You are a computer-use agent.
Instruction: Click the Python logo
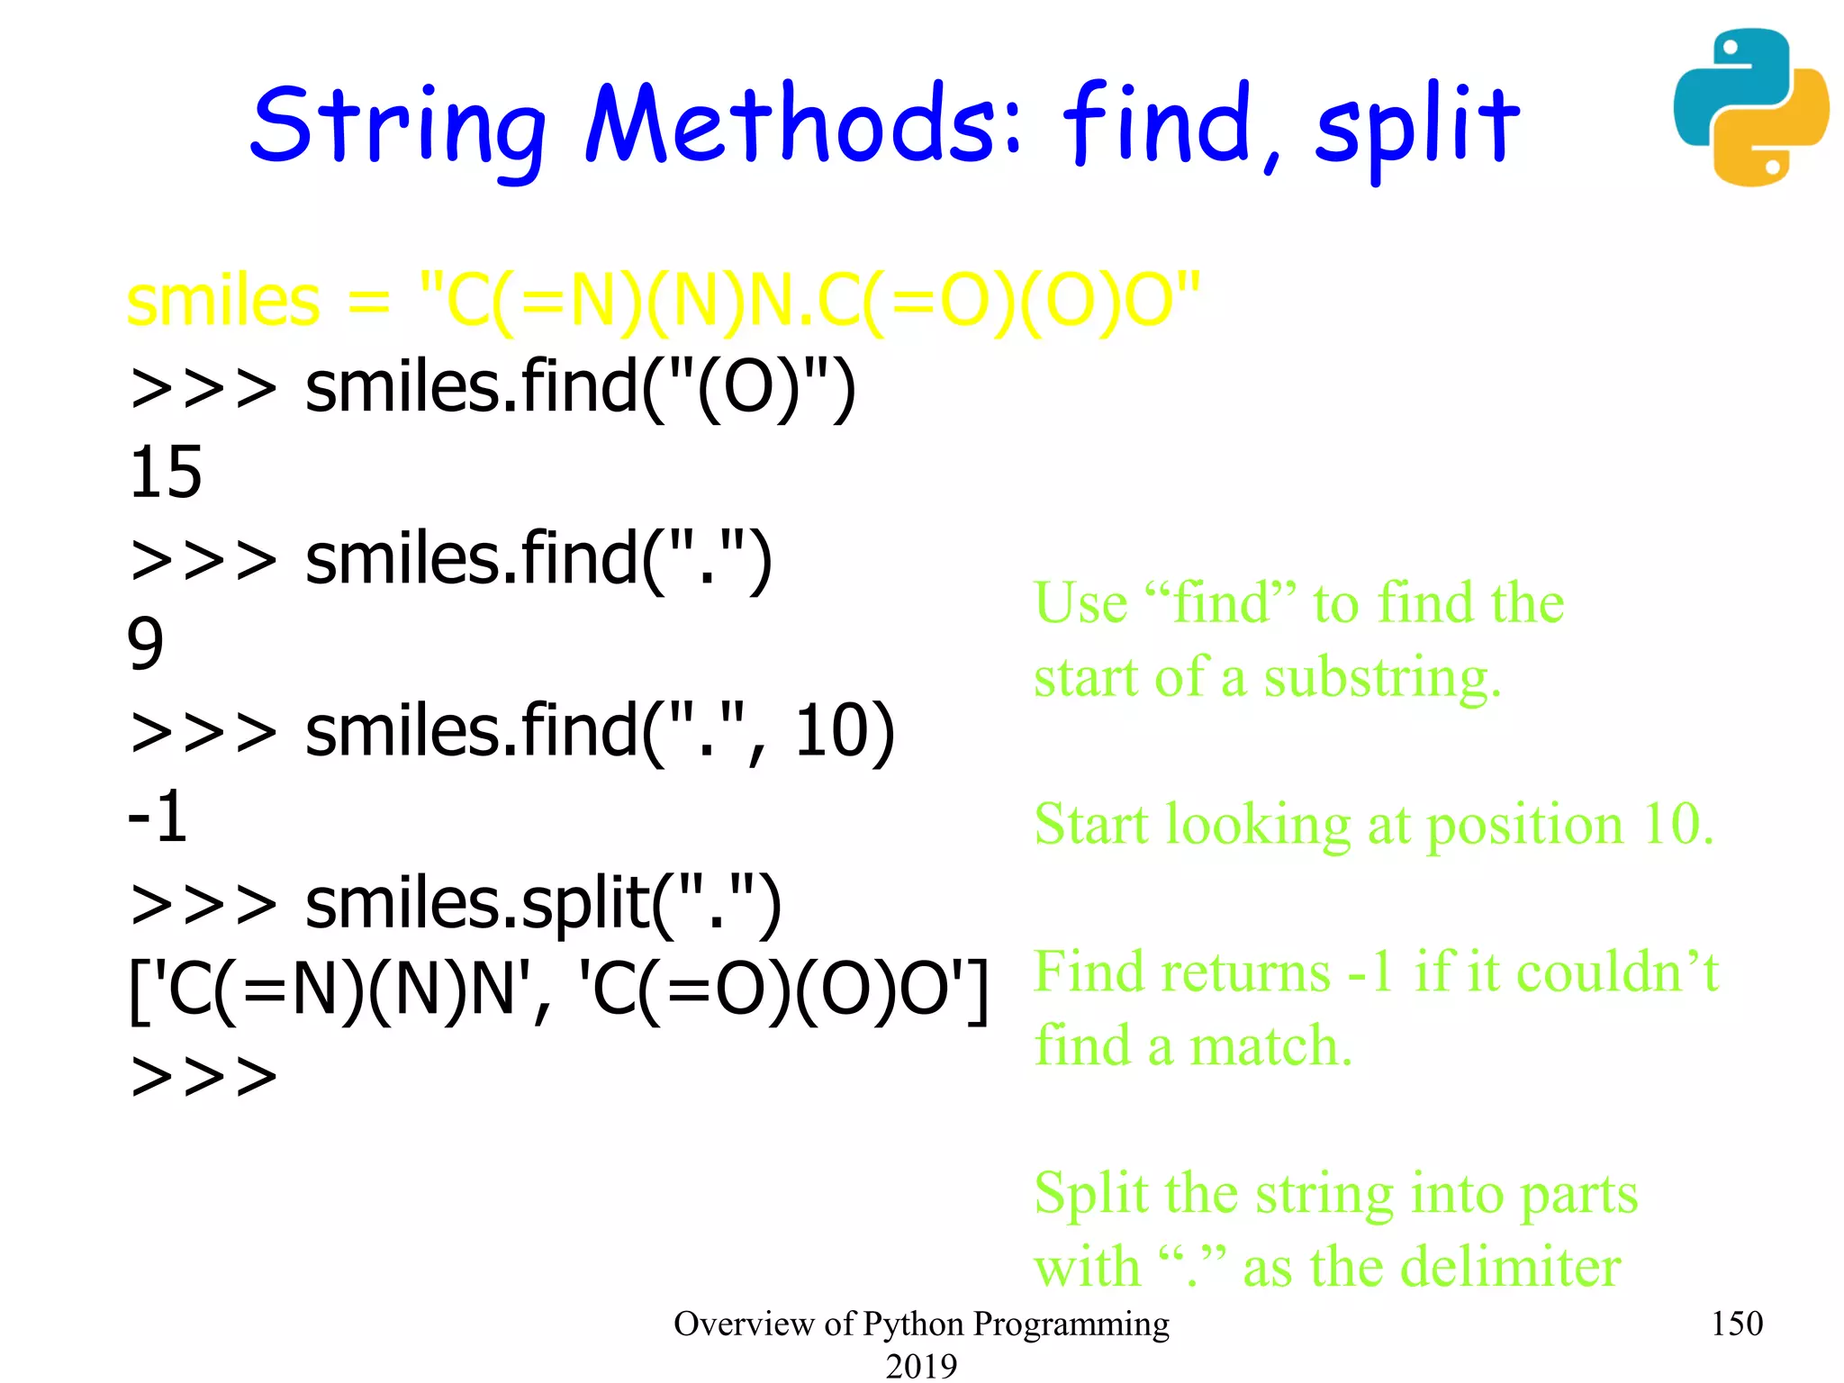(x=1750, y=107)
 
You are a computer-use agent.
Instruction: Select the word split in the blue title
(x=1416, y=126)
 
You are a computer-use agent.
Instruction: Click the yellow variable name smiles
(x=223, y=301)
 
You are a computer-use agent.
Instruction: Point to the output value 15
(x=166, y=473)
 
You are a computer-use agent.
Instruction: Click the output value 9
(x=146, y=644)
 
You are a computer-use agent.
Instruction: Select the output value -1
(x=158, y=817)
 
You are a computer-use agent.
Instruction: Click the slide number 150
(x=1736, y=1324)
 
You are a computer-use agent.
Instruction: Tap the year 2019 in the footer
(x=921, y=1365)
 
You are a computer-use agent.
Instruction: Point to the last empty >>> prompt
(x=204, y=1076)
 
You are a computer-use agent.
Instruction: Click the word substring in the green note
(x=1382, y=678)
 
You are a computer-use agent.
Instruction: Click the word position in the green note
(x=1525, y=825)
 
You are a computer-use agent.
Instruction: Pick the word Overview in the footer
(x=744, y=1324)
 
